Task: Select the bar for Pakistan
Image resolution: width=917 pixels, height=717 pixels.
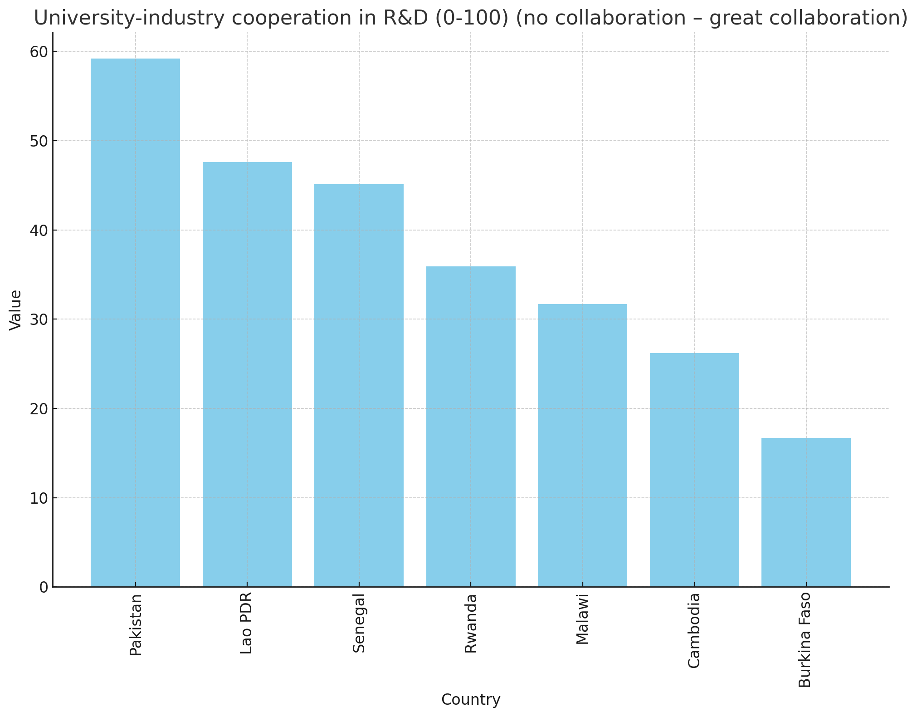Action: coord(135,323)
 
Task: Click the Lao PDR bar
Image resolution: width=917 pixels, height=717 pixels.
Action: coord(247,374)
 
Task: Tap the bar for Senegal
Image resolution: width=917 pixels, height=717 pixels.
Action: coord(359,385)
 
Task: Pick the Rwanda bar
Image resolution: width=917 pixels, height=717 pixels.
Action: coord(471,427)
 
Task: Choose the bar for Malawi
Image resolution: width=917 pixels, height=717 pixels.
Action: coord(582,445)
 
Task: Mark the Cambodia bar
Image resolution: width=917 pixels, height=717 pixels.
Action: coord(694,470)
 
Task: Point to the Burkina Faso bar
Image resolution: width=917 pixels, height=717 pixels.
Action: coord(806,512)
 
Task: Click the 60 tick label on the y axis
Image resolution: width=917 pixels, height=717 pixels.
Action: coord(39,52)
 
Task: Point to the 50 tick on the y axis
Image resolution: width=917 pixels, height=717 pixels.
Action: coord(39,141)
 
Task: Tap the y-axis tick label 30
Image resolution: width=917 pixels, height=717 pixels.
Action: coord(39,319)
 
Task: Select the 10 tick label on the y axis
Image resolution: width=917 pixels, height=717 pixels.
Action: coord(39,498)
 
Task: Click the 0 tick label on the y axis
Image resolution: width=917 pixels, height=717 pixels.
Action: coord(44,587)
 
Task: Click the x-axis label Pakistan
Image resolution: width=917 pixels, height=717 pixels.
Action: coord(136,624)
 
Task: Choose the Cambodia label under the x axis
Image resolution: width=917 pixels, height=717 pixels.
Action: coord(694,630)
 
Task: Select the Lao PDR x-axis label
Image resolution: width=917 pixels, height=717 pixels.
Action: coord(247,623)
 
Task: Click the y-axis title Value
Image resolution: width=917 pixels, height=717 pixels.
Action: coord(16,310)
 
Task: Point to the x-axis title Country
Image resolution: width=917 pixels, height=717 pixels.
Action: coord(471,700)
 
